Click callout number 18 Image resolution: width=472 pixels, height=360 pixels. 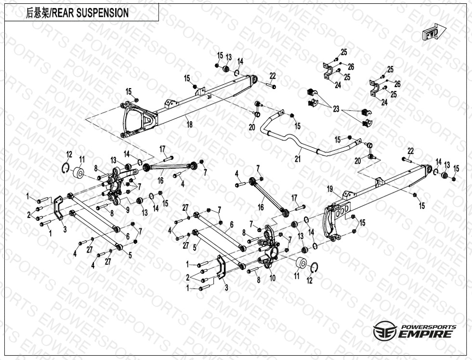tap(190, 125)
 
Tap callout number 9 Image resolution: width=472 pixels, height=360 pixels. tap(128, 210)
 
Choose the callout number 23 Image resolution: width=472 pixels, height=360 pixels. tap(336, 109)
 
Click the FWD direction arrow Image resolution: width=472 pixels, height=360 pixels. tap(432, 34)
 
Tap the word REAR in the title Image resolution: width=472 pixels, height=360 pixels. tap(63, 13)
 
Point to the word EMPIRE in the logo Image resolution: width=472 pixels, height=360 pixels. tap(425, 334)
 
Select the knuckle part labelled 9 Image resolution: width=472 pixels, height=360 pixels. tap(115, 185)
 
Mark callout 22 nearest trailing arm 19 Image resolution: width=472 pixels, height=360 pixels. tap(410, 151)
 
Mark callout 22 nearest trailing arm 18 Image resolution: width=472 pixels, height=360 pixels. tap(272, 76)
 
